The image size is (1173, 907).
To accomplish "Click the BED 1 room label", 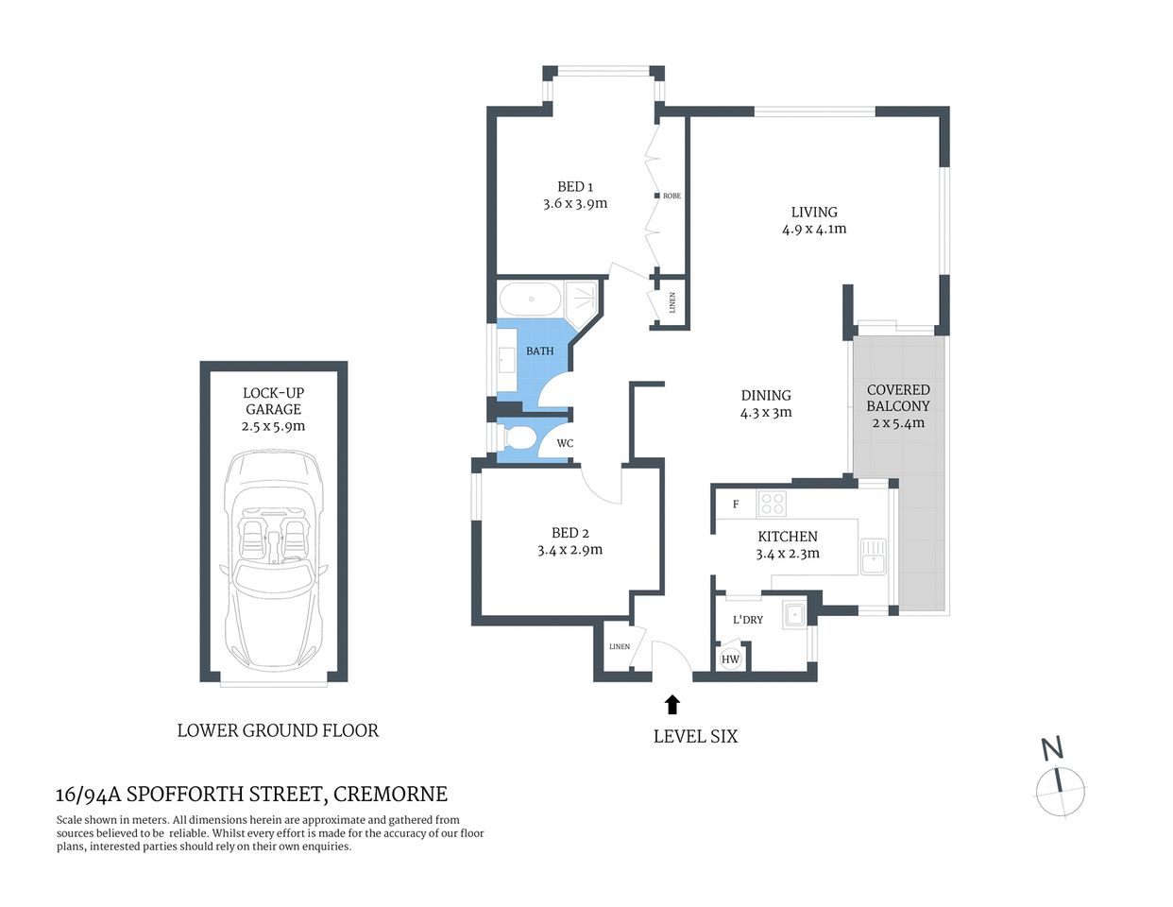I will tap(574, 187).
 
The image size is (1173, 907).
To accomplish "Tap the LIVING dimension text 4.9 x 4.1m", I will tap(813, 229).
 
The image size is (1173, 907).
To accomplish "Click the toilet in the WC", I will tap(518, 439).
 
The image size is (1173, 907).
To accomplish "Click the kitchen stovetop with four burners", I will tap(772, 504).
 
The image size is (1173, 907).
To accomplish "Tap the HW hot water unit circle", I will tap(730, 659).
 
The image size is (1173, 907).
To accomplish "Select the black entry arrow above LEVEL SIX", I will tap(672, 704).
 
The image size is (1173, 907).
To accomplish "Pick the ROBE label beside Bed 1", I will tap(671, 196).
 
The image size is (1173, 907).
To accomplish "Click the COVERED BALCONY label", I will tap(898, 398).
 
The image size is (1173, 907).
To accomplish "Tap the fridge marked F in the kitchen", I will tap(736, 504).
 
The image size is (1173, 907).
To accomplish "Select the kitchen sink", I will tap(873, 555).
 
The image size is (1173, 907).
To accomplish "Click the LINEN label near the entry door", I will tap(620, 647).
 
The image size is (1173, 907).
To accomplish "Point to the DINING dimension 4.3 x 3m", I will tap(766, 412).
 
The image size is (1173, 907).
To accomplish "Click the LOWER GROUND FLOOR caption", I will tap(278, 730).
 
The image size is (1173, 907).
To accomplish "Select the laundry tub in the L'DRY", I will tap(794, 615).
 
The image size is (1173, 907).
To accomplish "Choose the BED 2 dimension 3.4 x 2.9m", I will tap(569, 550).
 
